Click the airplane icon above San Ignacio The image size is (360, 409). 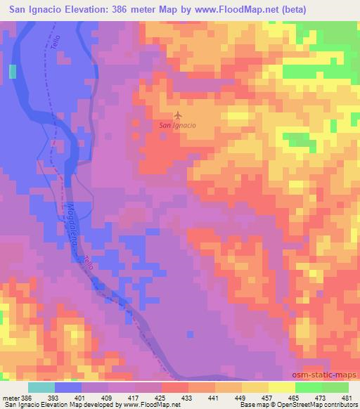[x=178, y=115]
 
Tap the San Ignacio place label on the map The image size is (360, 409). [x=177, y=125]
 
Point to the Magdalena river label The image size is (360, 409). [x=73, y=224]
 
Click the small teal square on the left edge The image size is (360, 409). [x=12, y=71]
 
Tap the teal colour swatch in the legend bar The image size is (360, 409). [x=42, y=387]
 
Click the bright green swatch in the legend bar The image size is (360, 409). [x=308, y=387]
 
